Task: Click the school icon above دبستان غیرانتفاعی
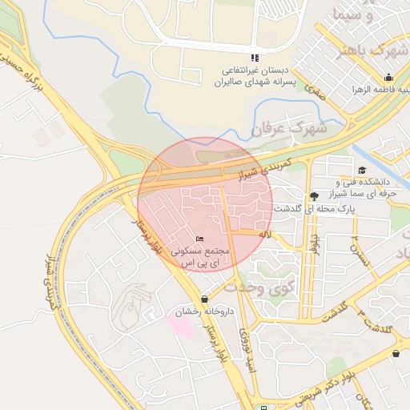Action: point(255,58)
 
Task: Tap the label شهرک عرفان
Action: point(300,127)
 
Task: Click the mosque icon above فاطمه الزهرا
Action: point(388,78)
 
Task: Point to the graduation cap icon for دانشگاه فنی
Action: point(362,170)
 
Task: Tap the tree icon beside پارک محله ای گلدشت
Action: point(313,196)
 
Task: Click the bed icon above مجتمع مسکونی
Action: point(200,239)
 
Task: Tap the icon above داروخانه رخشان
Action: point(204,299)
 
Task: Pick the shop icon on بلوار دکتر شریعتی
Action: point(396,353)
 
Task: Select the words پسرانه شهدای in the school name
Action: point(264,82)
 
